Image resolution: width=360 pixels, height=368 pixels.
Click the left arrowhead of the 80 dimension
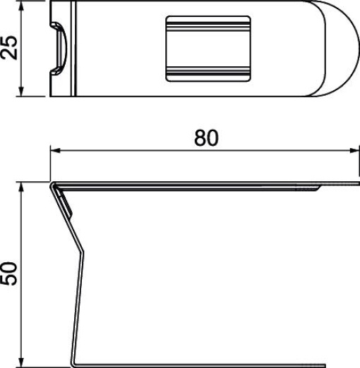coord(56,150)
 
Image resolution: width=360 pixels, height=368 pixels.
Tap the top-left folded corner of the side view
coord(53,185)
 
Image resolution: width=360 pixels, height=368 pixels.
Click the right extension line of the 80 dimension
coord(354,166)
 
